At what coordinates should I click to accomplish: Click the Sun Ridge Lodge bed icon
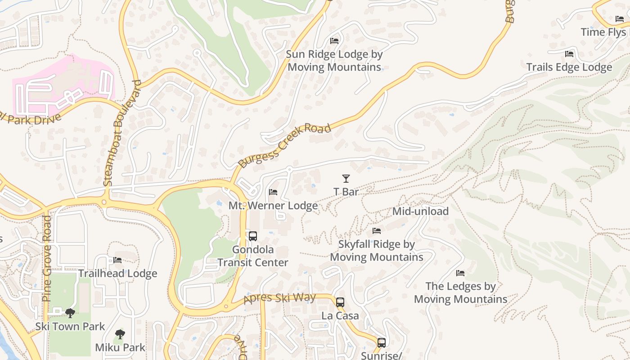coord(334,40)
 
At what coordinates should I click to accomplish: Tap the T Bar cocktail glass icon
coord(346,179)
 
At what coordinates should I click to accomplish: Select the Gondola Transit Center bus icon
coord(253,236)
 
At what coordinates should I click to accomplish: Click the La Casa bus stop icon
coord(340,302)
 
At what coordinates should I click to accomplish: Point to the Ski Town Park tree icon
coord(70,313)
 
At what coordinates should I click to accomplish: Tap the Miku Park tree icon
coord(120,334)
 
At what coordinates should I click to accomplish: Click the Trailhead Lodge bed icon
coord(117,260)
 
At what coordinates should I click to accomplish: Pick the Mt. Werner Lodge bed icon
coord(273,192)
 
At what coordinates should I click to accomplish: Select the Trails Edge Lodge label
coord(569,67)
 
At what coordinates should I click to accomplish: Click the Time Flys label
coord(603,32)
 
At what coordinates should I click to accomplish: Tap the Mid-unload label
coord(420,211)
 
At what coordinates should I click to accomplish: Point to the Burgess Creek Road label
coord(285,145)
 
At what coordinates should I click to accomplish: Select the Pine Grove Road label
coord(47,258)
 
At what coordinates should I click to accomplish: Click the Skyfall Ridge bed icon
coord(377,231)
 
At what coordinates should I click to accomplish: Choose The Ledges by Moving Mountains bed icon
coord(460,273)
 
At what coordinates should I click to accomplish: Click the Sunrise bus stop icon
coord(382,343)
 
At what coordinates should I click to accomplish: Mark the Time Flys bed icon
coord(620,19)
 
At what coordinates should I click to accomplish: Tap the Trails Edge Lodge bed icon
coord(569,54)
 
